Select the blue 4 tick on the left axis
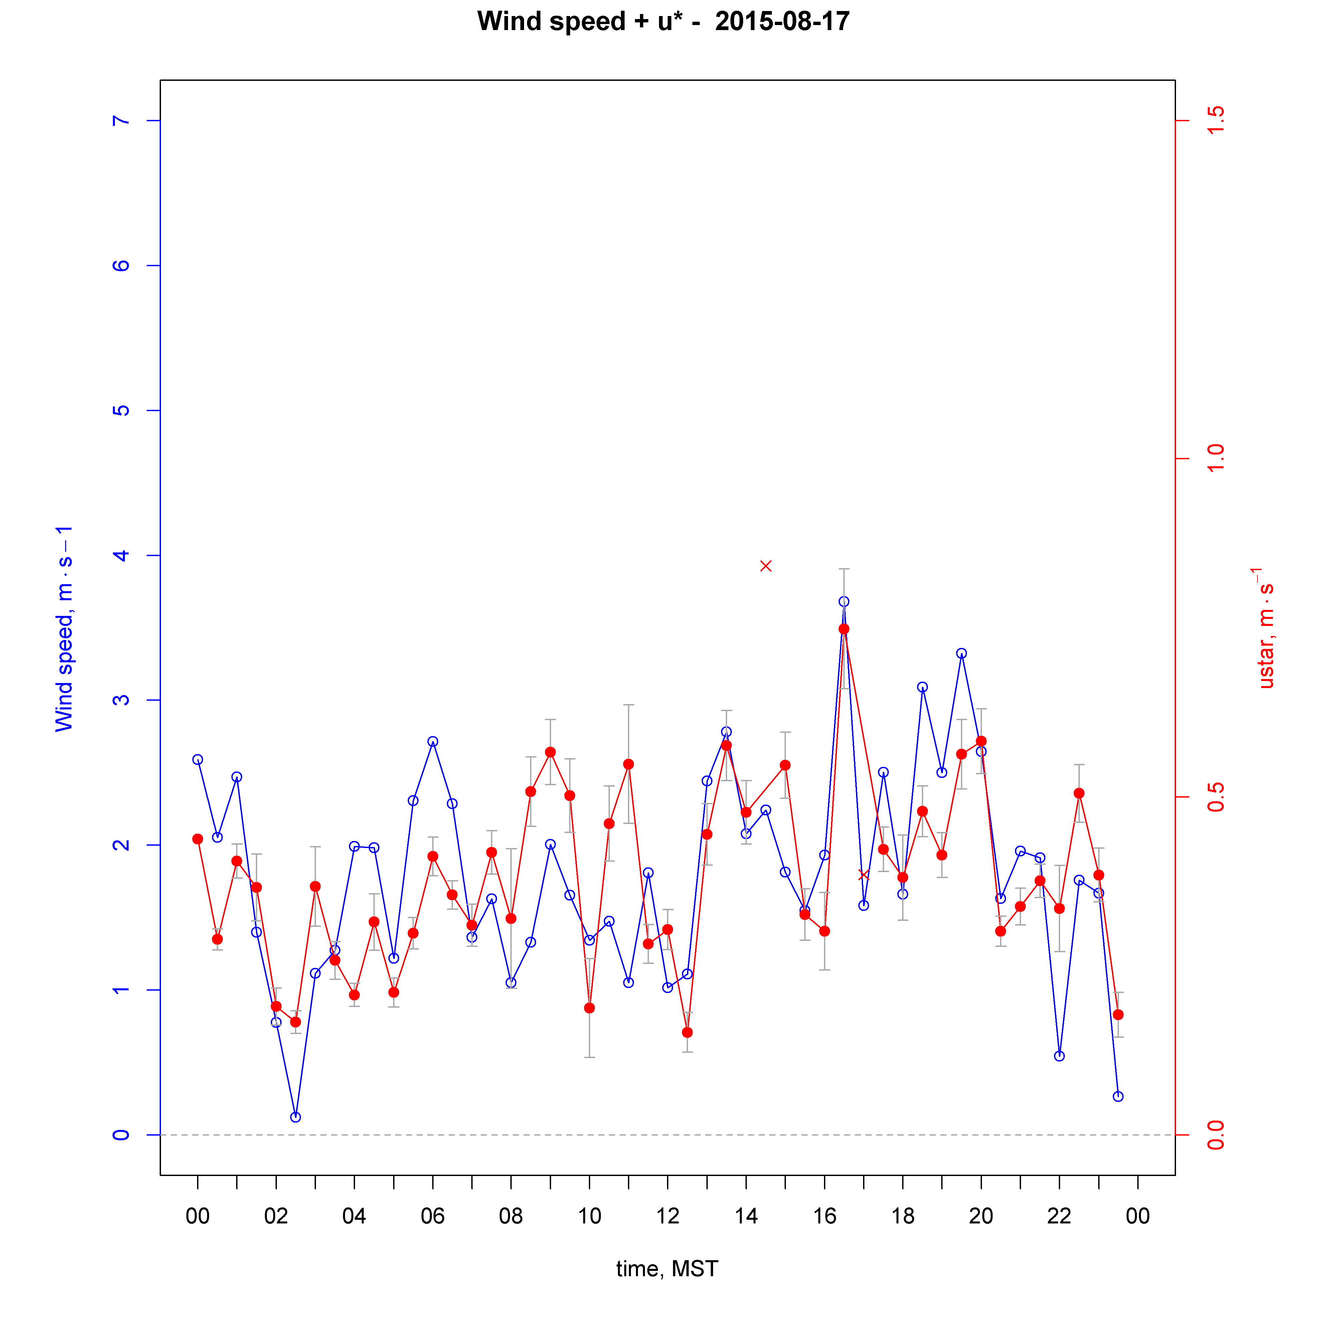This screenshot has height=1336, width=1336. coord(121,555)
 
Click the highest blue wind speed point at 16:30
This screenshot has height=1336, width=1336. coord(844,602)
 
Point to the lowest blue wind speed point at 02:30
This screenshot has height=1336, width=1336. coord(295,1117)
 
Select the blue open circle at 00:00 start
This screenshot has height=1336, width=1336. coord(198,759)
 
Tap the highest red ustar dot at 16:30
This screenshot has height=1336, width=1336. coord(844,629)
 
